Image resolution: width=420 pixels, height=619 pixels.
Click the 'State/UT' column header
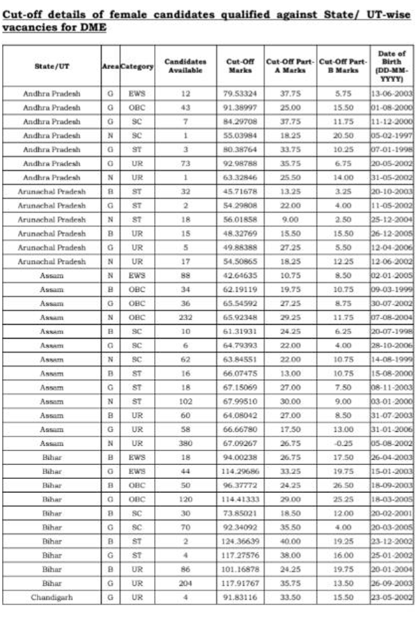click(52, 66)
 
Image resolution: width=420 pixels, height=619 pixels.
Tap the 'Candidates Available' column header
click(185, 65)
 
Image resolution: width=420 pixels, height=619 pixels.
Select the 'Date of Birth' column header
click(391, 66)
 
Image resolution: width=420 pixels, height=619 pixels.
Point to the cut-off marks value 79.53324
click(241, 93)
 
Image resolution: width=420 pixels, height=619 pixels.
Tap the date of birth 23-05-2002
click(391, 597)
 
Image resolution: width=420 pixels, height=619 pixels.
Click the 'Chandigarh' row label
click(52, 597)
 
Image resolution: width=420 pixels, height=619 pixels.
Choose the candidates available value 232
click(185, 317)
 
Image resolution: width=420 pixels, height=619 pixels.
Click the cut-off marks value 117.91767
click(241, 583)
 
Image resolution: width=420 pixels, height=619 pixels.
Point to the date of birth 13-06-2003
click(391, 93)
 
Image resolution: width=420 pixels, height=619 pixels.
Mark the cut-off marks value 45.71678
click(241, 191)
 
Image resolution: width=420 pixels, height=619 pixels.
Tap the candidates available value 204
click(185, 583)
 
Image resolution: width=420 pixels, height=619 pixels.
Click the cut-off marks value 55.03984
click(241, 135)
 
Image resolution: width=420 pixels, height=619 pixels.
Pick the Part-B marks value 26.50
click(343, 485)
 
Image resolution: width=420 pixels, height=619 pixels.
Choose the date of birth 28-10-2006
click(391, 345)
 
